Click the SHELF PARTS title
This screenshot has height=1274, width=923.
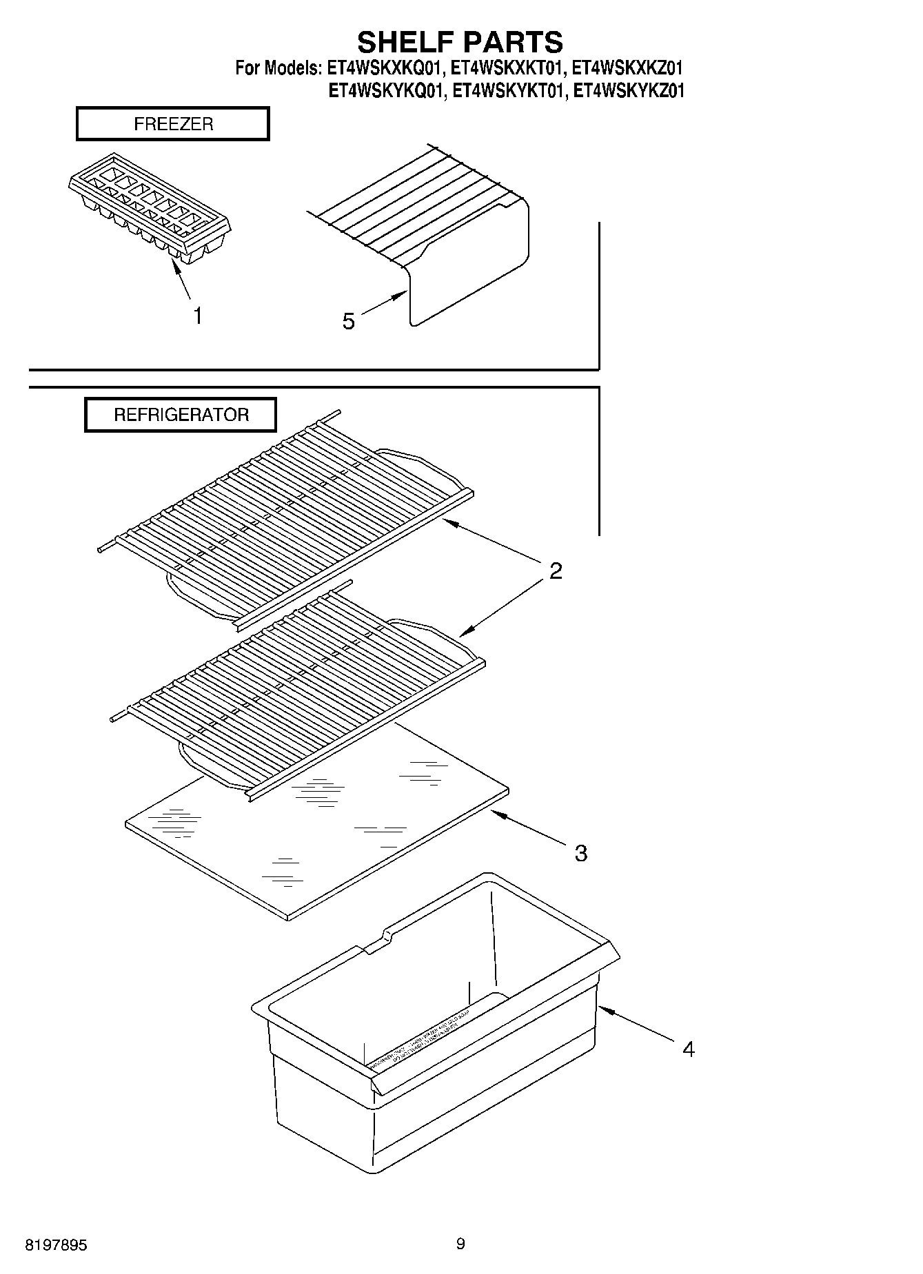460,42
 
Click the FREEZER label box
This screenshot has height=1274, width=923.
172,124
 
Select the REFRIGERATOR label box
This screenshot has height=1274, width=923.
181,415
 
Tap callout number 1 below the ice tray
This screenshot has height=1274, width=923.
198,316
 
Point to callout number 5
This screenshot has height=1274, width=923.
349,321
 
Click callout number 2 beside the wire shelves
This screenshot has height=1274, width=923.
556,571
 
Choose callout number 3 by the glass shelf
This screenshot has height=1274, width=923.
581,853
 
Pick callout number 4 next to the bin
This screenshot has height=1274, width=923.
688,1049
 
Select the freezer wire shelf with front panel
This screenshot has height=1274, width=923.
441,234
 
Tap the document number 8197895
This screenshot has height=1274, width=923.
56,1245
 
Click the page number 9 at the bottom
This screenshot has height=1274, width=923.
460,1244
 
